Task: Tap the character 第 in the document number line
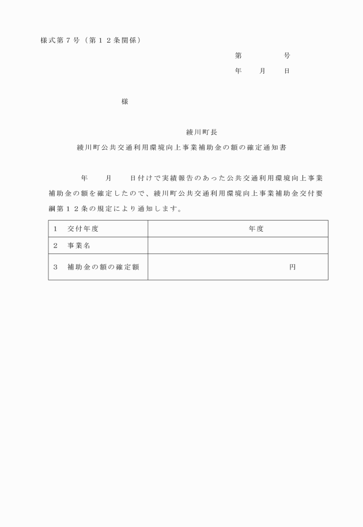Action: (239, 56)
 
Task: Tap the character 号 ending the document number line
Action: (287, 56)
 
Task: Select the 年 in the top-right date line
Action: (239, 71)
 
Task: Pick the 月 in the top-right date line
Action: (262, 71)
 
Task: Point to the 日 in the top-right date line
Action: (286, 71)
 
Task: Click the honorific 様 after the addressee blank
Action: (124, 101)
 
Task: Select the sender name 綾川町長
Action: (198, 132)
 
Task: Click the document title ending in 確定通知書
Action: (181, 147)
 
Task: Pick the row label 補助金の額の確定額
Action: (103, 267)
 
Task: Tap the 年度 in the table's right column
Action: (256, 229)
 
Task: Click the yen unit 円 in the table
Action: (293, 267)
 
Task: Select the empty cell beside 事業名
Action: (238, 246)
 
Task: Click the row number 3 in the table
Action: (55, 267)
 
